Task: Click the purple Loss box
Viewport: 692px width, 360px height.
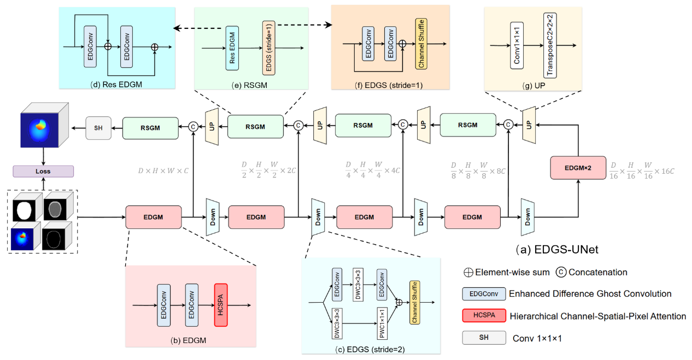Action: click(x=43, y=171)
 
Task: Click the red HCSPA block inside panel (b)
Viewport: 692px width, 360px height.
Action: click(x=221, y=305)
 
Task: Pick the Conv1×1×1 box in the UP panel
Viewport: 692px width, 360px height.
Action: click(x=516, y=45)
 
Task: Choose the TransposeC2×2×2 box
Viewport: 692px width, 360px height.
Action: click(x=549, y=45)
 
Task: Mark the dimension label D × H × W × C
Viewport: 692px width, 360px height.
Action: click(x=163, y=170)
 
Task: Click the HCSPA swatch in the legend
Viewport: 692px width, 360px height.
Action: click(x=483, y=316)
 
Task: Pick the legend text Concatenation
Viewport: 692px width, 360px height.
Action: click(x=598, y=272)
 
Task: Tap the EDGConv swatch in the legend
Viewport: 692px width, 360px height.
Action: click(x=483, y=294)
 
